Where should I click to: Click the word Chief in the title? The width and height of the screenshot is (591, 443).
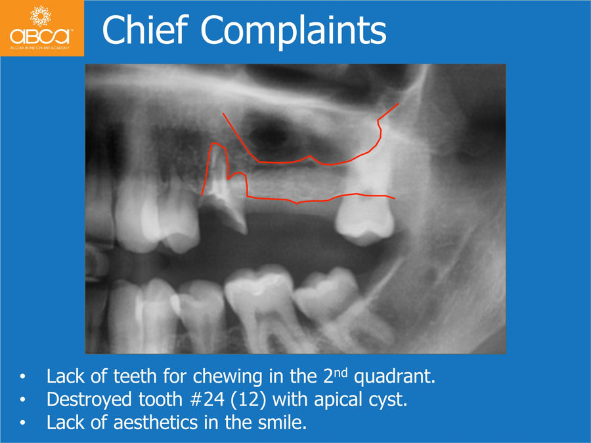[145, 30]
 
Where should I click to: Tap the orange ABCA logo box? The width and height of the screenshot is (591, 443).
[42, 28]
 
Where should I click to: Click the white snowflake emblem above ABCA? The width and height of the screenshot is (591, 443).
[41, 16]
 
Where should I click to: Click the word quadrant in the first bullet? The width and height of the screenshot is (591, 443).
[395, 377]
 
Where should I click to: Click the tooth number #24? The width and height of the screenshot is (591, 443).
[207, 399]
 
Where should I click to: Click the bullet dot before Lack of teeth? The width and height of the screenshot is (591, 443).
[23, 377]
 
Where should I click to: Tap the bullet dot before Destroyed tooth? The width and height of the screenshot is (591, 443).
[23, 400]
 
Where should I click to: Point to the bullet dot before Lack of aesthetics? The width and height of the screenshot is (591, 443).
[23, 423]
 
